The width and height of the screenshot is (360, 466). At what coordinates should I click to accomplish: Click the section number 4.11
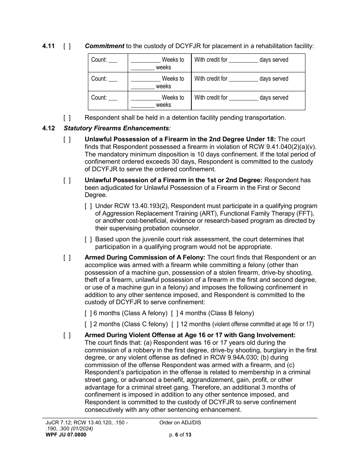[49, 46]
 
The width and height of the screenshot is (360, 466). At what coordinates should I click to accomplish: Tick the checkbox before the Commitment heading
[67, 46]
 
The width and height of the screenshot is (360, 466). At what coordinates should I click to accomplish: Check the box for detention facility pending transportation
[67, 118]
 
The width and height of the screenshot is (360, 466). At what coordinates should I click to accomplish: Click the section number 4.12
[49, 128]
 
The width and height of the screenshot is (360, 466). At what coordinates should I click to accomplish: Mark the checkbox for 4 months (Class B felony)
[175, 313]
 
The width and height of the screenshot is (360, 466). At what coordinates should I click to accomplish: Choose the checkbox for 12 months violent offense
[175, 324]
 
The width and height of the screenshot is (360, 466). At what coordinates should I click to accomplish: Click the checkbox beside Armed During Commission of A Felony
[67, 258]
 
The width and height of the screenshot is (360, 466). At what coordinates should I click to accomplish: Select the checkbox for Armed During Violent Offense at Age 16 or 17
[67, 335]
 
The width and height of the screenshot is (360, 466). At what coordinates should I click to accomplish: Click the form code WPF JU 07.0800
[66, 435]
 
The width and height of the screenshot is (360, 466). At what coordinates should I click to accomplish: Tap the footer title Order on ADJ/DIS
[180, 423]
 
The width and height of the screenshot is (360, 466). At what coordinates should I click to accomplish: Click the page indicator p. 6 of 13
[180, 435]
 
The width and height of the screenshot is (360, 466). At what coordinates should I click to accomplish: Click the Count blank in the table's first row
[113, 60]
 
